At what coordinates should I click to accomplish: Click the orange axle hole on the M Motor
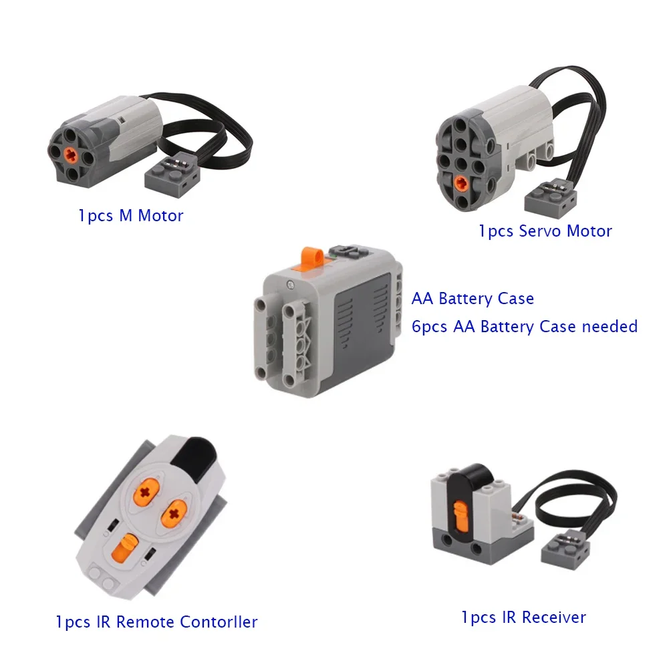click(x=71, y=156)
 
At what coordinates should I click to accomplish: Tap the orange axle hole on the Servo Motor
click(x=460, y=184)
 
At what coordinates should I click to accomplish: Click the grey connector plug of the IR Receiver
click(x=565, y=551)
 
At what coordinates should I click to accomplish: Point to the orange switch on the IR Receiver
click(x=460, y=516)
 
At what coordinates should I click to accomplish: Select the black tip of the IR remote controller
click(x=194, y=458)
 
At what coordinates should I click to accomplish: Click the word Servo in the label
click(x=540, y=231)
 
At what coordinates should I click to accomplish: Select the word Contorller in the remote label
click(x=219, y=622)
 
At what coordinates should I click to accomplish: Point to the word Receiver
click(x=554, y=618)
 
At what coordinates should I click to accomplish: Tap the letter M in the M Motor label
click(x=126, y=216)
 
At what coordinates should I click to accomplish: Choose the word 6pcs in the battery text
click(x=430, y=327)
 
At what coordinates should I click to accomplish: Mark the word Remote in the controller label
click(x=145, y=622)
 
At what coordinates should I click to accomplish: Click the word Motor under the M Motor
click(x=160, y=216)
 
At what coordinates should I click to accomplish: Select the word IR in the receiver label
click(x=509, y=618)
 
